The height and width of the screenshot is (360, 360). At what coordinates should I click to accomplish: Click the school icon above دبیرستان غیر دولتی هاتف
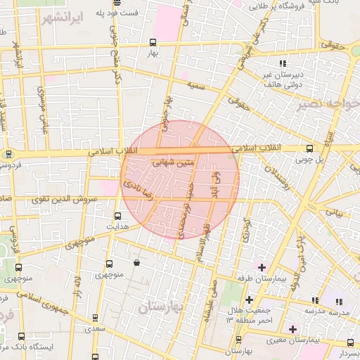click(x=283, y=63)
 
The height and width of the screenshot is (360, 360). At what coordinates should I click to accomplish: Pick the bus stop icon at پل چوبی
click(x=310, y=148)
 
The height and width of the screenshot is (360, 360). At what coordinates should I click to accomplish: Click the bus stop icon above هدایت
click(x=117, y=216)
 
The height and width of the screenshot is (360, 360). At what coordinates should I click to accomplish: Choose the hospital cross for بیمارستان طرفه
click(x=262, y=267)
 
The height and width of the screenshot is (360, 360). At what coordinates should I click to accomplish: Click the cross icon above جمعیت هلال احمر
click(x=248, y=300)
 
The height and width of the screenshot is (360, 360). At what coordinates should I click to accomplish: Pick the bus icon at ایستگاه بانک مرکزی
click(x=20, y=337)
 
